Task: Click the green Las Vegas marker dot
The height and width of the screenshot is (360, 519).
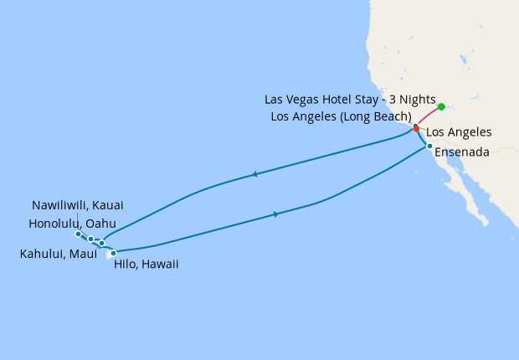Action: point(441,107)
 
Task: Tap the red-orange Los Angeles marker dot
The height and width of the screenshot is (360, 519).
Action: point(416,129)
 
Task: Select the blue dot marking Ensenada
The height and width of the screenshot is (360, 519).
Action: point(429,147)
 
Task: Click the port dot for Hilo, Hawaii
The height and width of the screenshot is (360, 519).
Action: point(113,252)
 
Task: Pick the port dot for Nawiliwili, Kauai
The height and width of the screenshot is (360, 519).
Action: point(78,234)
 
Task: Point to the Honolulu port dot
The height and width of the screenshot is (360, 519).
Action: point(91,239)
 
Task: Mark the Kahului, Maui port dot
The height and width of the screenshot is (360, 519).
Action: point(101,244)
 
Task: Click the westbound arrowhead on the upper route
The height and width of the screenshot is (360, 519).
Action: point(253,175)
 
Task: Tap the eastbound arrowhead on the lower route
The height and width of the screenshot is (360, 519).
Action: point(275,215)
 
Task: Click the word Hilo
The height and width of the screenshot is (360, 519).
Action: point(124,264)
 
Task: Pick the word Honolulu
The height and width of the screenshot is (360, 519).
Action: point(54,224)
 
